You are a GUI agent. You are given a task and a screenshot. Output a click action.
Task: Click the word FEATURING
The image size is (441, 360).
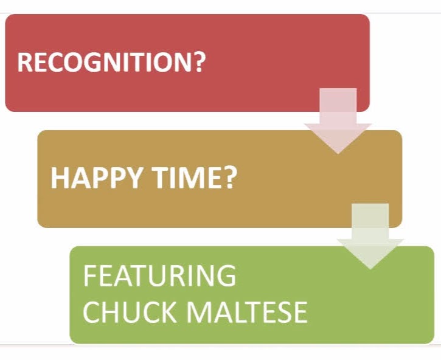point(159,275)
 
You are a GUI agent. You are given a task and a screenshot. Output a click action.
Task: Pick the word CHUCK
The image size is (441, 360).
point(130,312)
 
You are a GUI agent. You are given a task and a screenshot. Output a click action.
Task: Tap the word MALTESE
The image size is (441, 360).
point(247,312)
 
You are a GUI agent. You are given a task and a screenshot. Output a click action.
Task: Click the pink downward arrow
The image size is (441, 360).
point(338,121)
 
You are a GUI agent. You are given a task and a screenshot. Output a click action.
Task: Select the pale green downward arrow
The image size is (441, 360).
point(370,236)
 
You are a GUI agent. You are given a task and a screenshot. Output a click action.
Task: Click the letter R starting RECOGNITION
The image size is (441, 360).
point(24,62)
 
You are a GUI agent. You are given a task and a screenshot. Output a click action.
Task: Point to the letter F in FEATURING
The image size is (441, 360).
point(89,275)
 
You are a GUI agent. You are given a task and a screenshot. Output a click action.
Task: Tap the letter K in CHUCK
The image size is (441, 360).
point(168,312)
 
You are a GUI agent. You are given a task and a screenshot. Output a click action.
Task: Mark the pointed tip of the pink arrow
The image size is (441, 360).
point(338,154)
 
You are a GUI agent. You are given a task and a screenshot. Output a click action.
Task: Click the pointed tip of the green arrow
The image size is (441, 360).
point(370,269)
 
